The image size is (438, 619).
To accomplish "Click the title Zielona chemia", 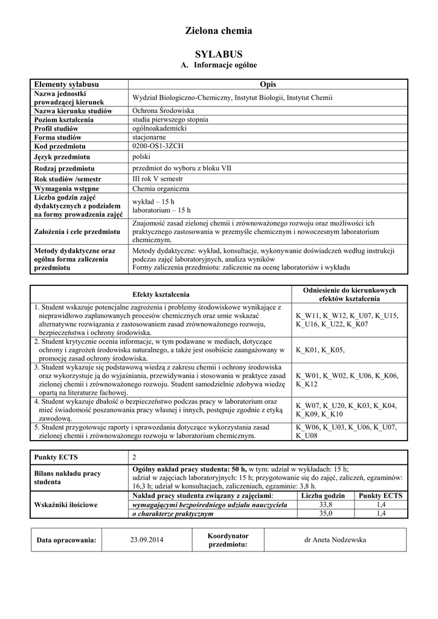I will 218,31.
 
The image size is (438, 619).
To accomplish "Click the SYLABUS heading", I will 218,54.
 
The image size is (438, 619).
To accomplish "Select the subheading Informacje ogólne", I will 219,65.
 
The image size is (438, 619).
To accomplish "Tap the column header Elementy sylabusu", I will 66,84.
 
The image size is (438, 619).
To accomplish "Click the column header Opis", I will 267,84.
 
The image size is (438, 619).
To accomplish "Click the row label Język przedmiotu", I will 62,157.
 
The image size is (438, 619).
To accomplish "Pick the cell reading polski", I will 142,157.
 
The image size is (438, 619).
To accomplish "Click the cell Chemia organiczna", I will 161,189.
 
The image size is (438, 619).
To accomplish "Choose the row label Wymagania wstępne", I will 66,189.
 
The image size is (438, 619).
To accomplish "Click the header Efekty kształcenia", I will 161,294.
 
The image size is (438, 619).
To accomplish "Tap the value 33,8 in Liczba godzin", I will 326,505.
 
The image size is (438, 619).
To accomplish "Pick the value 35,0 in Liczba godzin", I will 326,514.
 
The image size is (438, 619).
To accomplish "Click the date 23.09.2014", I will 147,540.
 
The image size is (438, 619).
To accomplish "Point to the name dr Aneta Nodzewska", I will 335,540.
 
